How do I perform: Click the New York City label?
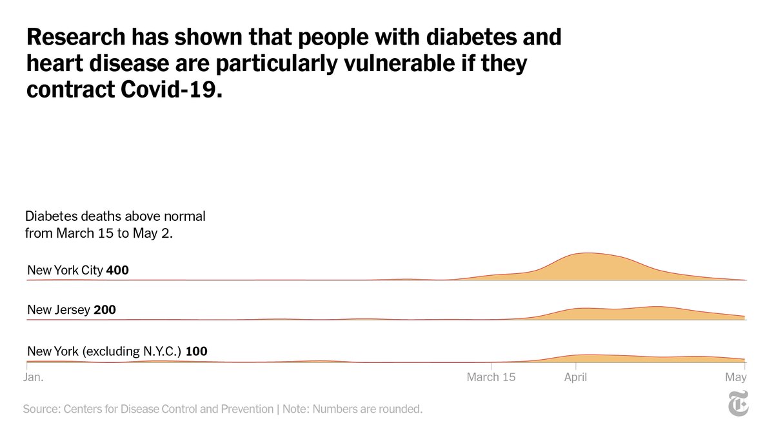point(64,270)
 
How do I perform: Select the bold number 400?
point(117,270)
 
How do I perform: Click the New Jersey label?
point(59,310)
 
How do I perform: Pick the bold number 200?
point(104,310)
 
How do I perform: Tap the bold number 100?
point(196,351)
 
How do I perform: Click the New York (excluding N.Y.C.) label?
point(105,351)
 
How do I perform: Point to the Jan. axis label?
point(34,377)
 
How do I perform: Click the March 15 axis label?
point(491,377)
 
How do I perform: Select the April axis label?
point(575,377)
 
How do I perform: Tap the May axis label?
point(736,377)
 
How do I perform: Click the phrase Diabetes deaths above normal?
point(115,216)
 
